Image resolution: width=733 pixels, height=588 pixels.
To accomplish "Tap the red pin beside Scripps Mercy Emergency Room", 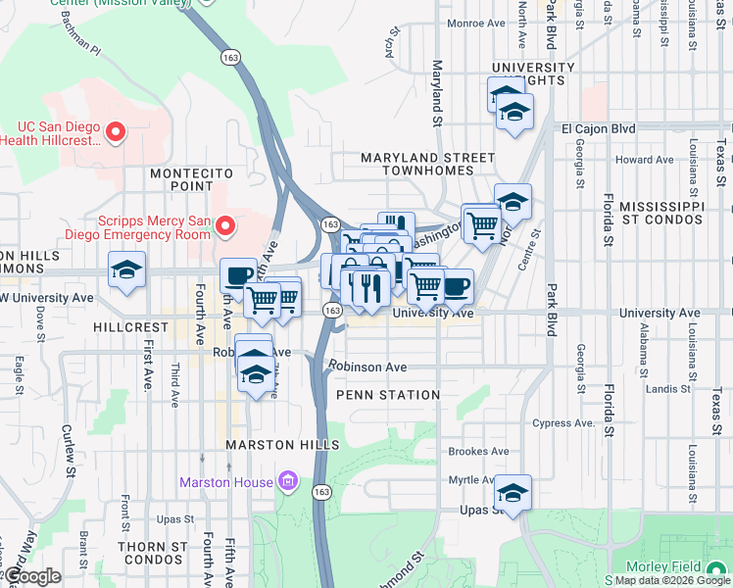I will [x=224, y=227].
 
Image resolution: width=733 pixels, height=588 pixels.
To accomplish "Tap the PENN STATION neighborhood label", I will [x=388, y=395].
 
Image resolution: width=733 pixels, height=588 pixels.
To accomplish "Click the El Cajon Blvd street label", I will [x=598, y=128].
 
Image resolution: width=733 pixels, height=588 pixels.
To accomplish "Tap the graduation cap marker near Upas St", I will [x=513, y=493].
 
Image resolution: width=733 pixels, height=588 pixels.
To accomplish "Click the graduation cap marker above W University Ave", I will [x=126, y=270].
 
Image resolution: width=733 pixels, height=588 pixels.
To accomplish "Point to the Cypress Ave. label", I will [x=563, y=423].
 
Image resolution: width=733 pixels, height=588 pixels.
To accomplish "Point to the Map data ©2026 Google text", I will [x=672, y=580].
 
